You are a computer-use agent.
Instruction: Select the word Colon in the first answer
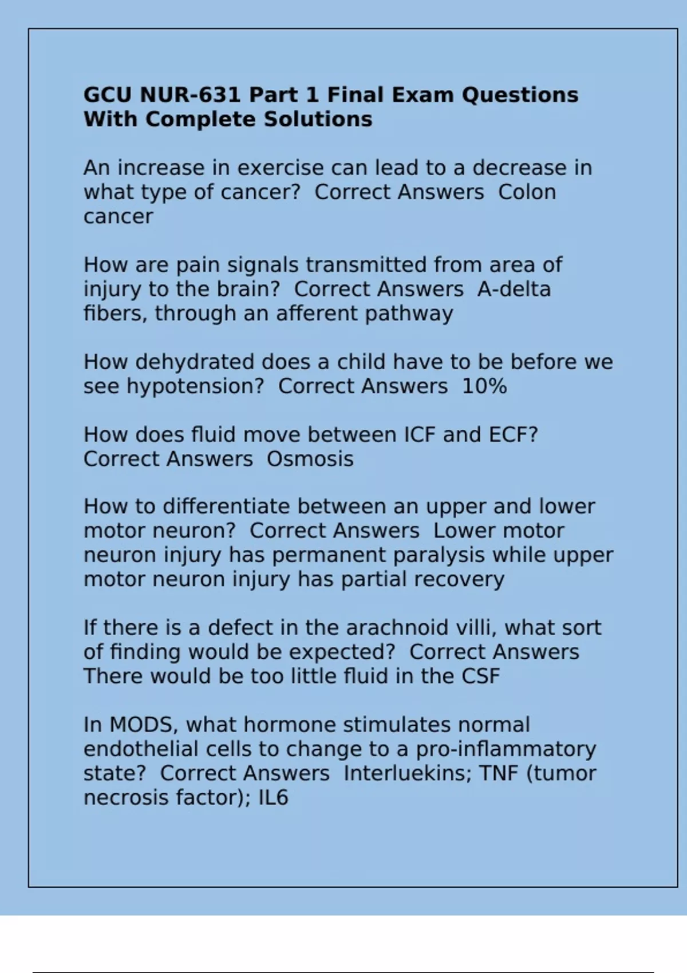pyautogui.click(x=527, y=192)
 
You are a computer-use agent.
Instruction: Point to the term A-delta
pyautogui.click(x=514, y=289)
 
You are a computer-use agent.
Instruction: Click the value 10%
pyautogui.click(x=484, y=386)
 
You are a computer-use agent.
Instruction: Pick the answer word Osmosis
pyautogui.click(x=310, y=459)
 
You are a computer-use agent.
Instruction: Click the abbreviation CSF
pyautogui.click(x=480, y=676)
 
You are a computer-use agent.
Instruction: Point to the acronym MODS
pyautogui.click(x=143, y=725)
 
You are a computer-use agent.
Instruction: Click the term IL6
pyautogui.click(x=273, y=797)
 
